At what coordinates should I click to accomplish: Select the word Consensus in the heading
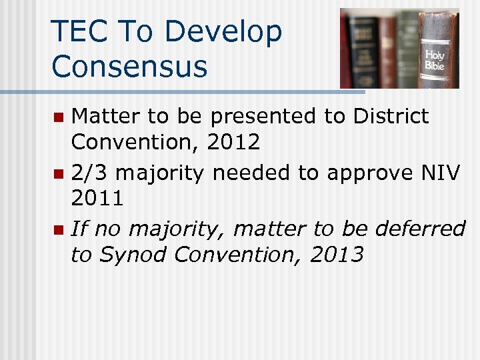click(129, 66)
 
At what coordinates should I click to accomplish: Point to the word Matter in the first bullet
click(105, 116)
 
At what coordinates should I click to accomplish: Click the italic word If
click(79, 229)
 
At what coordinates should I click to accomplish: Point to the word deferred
click(420, 229)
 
